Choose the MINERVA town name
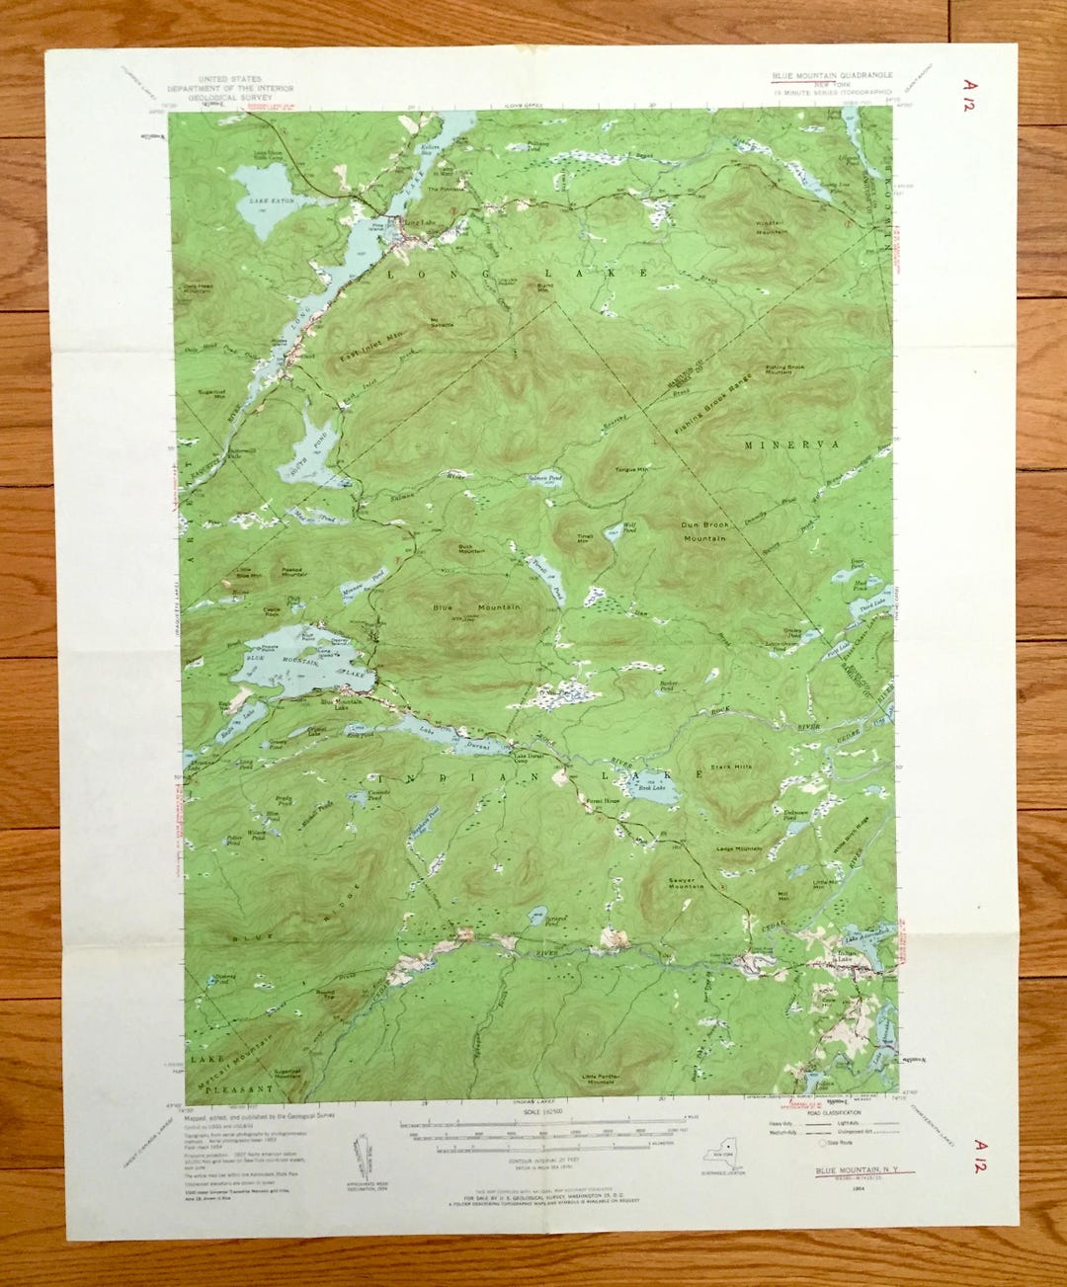[791, 445]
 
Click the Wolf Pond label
[629, 529]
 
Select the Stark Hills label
[730, 766]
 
